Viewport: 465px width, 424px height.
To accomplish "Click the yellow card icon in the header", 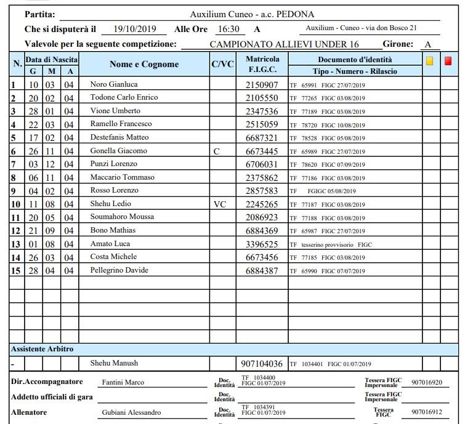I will click(429, 60).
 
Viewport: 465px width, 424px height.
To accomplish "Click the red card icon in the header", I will click(448, 60).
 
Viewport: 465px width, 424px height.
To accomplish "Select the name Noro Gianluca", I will click(114, 84).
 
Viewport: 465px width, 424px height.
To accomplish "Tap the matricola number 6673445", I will click(262, 151).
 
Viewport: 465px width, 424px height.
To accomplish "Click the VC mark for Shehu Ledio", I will click(220, 204).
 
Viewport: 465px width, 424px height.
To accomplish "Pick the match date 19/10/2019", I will click(135, 29).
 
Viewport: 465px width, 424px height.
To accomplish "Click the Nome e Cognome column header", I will click(144, 64).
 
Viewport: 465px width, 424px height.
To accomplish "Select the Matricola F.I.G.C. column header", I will click(262, 65).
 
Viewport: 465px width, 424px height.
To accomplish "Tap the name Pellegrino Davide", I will click(119, 270).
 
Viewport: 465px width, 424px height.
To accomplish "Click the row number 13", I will click(15, 244).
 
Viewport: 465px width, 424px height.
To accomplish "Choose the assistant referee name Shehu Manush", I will click(114, 363).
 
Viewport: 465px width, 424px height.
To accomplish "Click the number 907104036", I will click(262, 364).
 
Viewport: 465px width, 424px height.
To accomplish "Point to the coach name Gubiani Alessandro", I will click(131, 412).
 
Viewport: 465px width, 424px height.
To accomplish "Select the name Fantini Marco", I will click(123, 382).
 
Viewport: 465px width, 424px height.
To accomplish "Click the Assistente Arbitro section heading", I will click(42, 349).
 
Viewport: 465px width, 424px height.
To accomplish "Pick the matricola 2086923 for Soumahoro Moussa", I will click(262, 217).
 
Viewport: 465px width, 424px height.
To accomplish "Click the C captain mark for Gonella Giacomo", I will click(216, 151).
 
